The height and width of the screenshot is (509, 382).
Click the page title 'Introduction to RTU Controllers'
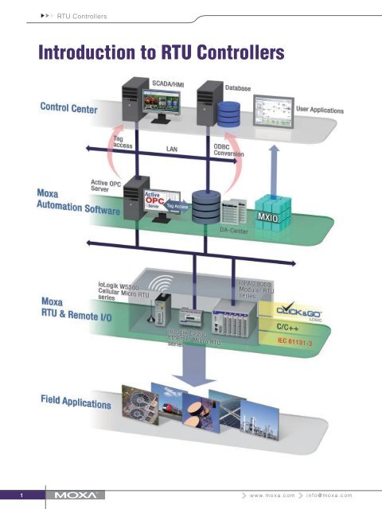pyautogui.click(x=157, y=52)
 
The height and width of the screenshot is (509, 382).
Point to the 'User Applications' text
pyautogui.click(x=320, y=108)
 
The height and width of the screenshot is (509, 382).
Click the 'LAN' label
pyautogui.click(x=171, y=149)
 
